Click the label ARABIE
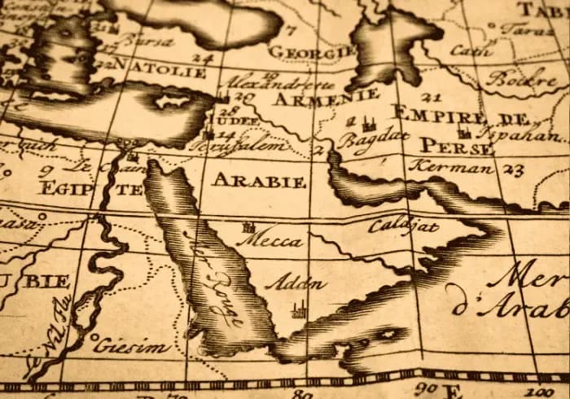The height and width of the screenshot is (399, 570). click(259, 180)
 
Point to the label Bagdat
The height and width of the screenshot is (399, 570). click(373, 142)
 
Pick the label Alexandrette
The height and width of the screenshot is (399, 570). click(280, 83)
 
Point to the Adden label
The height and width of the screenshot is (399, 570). click(296, 284)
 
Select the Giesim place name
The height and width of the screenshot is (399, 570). click(131, 347)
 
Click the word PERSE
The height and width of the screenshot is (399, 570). click(456, 147)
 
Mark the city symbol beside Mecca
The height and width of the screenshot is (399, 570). click(248, 227)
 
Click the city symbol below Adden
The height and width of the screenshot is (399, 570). click(299, 309)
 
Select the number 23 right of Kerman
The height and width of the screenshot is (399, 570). click(512, 170)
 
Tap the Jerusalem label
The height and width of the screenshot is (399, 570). click(256, 147)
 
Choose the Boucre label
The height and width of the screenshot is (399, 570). click(511, 80)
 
